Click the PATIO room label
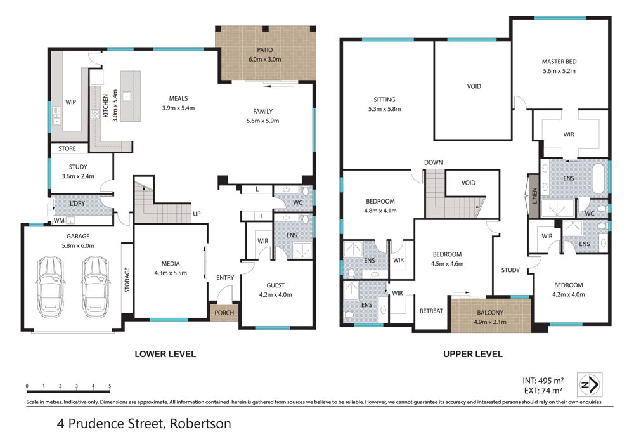[265, 49]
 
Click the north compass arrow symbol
[590, 384]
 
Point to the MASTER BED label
[559, 62]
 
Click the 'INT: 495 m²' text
[543, 381]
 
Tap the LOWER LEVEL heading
[165, 354]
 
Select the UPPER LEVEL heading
[473, 354]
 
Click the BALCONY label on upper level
[490, 313]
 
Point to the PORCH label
[224, 313]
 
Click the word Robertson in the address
[200, 424]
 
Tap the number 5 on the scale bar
[110, 386]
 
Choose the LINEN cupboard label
[534, 196]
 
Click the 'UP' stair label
[197, 214]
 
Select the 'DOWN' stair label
[434, 162]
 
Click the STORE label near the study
[67, 148]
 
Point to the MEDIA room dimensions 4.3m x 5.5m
[171, 273]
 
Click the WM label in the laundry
[59, 220]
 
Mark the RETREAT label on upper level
[431, 311]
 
